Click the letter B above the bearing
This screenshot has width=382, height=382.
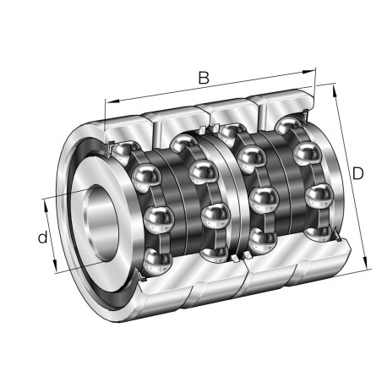pyautogui.click(x=203, y=77)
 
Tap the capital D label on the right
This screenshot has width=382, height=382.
pyautogui.click(x=357, y=173)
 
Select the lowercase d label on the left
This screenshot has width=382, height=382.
pyautogui.click(x=42, y=237)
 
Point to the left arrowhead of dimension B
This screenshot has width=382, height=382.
pyautogui.click(x=107, y=102)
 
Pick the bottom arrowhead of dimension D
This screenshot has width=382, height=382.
pyautogui.click(x=368, y=266)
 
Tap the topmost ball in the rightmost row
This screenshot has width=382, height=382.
pyautogui.click(x=290, y=127)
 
